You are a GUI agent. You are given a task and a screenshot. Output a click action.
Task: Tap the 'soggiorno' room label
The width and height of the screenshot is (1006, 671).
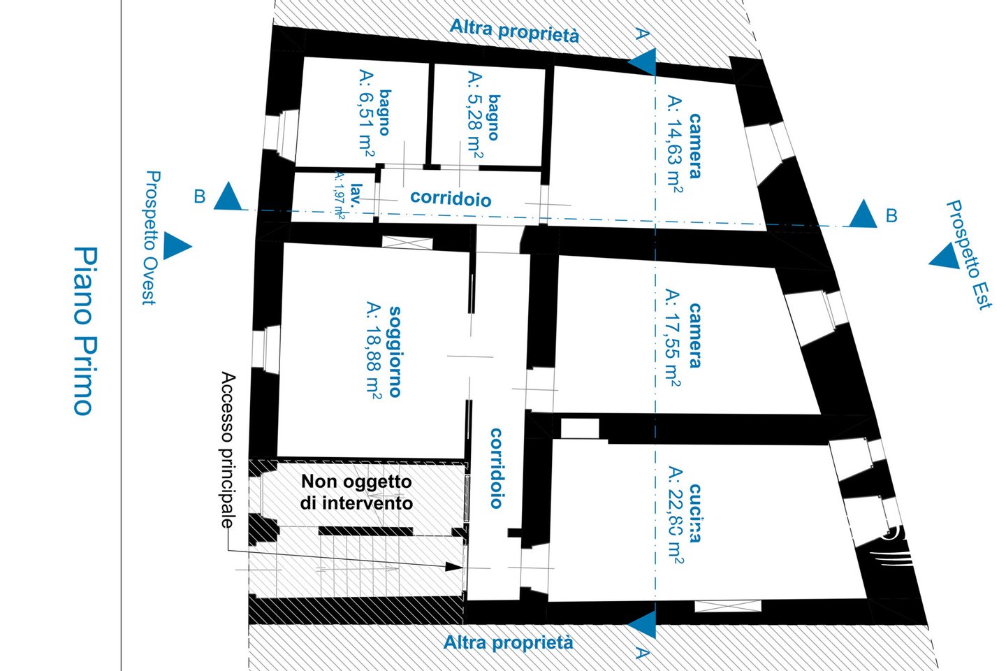(395, 351)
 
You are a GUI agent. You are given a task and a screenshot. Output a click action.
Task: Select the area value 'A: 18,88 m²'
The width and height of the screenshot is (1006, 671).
(373, 351)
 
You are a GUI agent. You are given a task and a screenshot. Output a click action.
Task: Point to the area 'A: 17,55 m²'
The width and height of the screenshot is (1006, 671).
(673, 338)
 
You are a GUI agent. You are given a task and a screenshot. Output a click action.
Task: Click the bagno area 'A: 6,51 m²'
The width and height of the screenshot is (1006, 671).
(365, 112)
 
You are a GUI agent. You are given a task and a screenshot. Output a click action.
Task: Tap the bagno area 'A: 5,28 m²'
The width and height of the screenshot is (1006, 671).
(474, 115)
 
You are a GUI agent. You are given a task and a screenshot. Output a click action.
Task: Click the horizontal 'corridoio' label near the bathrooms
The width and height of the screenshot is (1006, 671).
(451, 199)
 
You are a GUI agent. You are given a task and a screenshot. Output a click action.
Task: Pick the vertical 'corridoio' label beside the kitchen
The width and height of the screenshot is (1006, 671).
(496, 468)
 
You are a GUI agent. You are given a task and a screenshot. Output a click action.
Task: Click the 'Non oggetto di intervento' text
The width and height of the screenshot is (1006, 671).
(356, 492)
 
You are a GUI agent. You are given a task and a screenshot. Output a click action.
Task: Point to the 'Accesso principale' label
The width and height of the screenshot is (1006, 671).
(228, 451)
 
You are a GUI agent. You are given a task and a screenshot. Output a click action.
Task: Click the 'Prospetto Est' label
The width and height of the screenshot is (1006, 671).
(968, 254)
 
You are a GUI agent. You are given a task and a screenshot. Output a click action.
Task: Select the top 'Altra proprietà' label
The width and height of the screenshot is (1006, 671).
(514, 31)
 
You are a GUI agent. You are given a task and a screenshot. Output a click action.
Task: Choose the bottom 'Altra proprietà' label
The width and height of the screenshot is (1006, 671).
(509, 642)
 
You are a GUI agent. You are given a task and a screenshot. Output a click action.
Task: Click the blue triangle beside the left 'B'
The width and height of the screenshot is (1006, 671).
(228, 197)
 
